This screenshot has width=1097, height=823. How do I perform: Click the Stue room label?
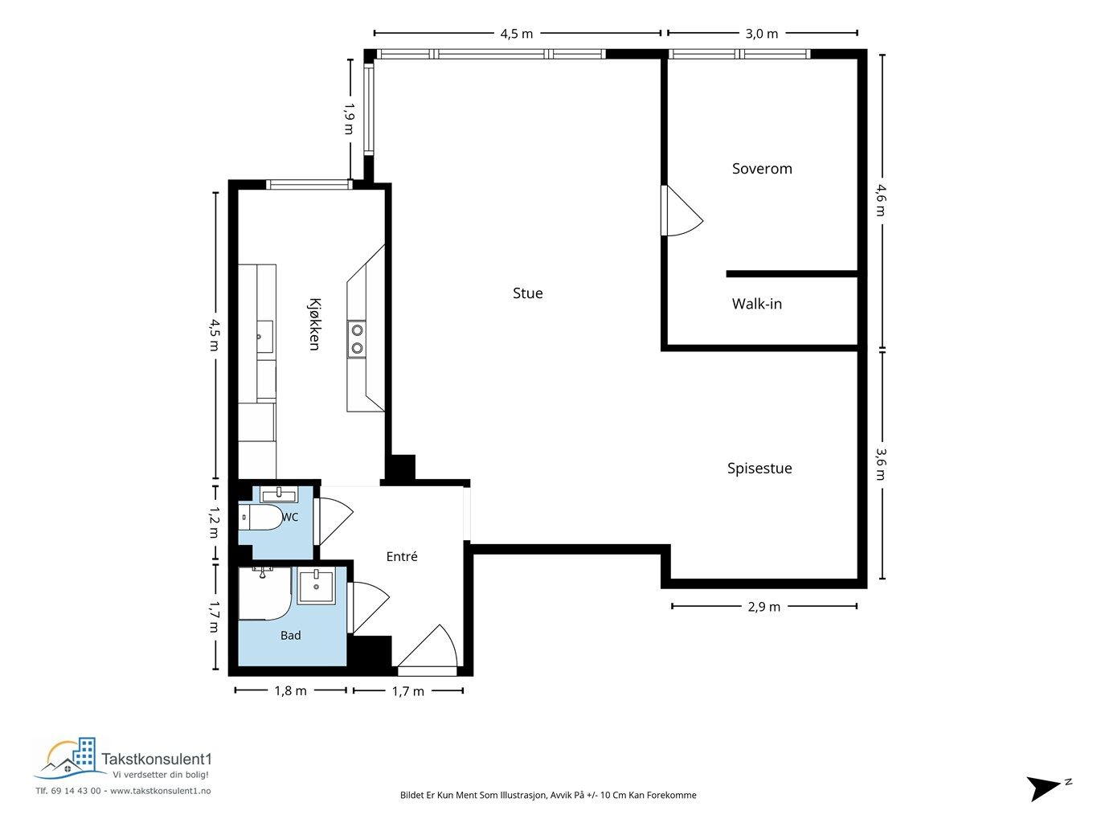coord(527,293)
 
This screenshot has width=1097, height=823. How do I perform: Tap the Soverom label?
coord(762,169)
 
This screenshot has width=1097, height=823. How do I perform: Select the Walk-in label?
coord(757,303)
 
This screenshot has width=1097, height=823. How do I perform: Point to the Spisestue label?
coord(759,469)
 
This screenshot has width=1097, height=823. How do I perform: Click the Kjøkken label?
coord(314,325)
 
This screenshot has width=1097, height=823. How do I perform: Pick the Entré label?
coord(401,556)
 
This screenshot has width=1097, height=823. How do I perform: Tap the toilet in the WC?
coord(260,517)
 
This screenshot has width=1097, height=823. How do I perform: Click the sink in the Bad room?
coord(317,586)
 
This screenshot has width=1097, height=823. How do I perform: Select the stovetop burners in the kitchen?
coord(356,339)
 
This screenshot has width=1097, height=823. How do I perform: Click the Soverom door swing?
coord(682,211)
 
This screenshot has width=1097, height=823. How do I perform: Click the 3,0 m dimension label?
coord(762,34)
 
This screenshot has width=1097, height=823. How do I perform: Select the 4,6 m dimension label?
coord(881,200)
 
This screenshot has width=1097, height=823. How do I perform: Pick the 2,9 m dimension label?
coord(763,607)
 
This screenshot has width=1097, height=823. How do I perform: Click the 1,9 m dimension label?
coord(349,118)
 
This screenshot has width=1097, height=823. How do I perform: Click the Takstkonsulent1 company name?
coord(157,759)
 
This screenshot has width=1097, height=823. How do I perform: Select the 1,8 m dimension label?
coord(290,690)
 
